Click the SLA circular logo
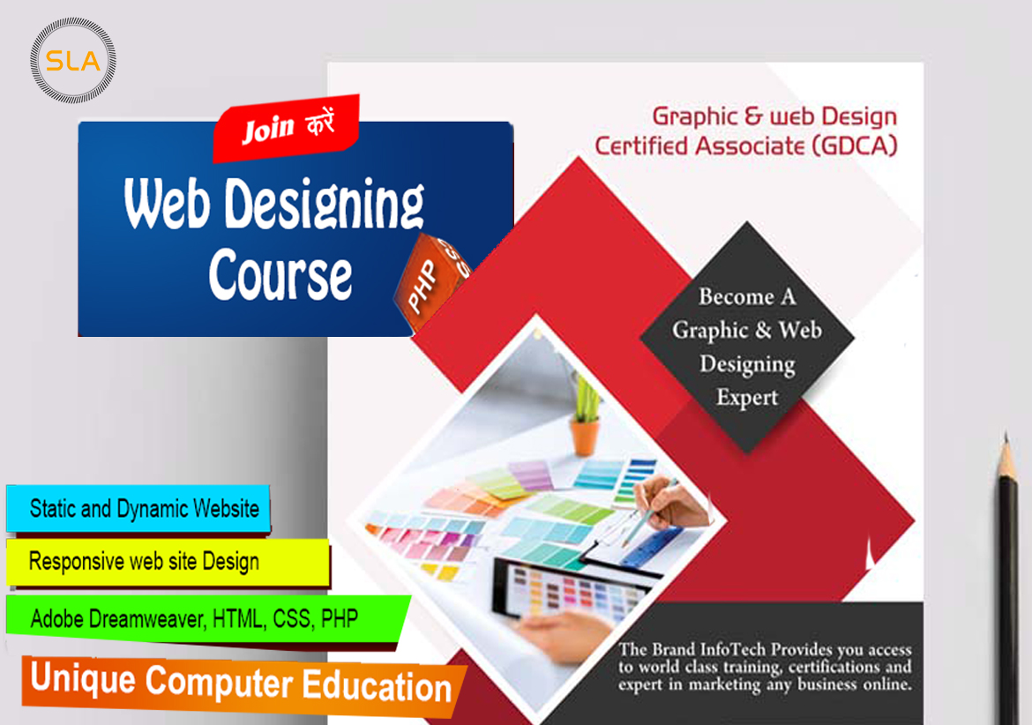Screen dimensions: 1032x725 coord(73,61)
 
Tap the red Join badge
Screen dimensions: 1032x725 coord(287,128)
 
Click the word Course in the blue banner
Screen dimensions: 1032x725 coord(280,275)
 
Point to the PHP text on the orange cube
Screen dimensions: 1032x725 coord(422,286)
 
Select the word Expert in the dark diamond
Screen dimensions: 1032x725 coord(747,398)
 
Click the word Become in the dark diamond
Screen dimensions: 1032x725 coord(737,296)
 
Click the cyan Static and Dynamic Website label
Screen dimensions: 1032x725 coord(138,508)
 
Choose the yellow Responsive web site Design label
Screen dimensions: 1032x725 coord(168,562)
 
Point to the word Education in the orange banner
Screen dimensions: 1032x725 coord(378,686)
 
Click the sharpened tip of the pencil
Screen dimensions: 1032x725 coord(1006,434)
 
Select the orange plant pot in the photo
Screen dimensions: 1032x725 coord(585,437)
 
